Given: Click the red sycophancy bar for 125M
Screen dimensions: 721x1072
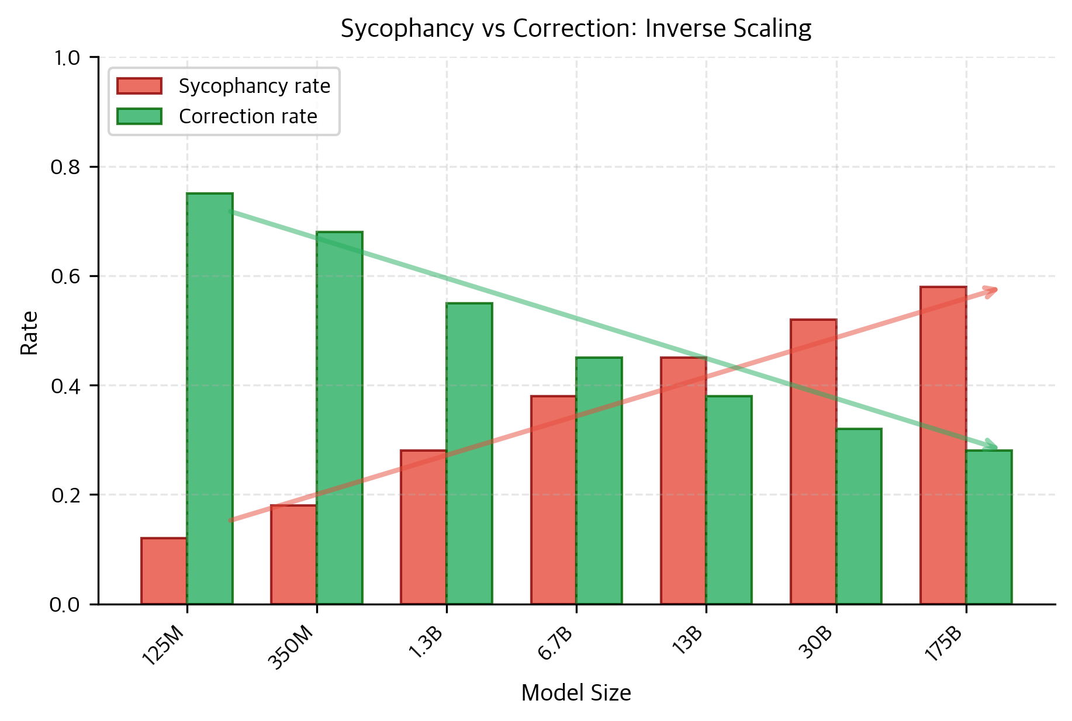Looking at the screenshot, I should [x=164, y=571].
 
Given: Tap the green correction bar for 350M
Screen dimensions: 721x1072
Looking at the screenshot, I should [x=340, y=418].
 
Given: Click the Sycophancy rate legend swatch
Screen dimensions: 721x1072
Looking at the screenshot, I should [x=139, y=86].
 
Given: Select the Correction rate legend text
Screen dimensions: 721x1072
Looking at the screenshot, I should [x=248, y=117].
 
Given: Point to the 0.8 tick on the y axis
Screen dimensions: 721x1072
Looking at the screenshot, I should [x=94, y=167].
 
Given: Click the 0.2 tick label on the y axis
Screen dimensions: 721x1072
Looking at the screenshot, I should [x=67, y=495].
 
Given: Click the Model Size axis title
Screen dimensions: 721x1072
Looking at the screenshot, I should [x=576, y=693].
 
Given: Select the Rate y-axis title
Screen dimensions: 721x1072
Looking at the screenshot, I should [x=29, y=333].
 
